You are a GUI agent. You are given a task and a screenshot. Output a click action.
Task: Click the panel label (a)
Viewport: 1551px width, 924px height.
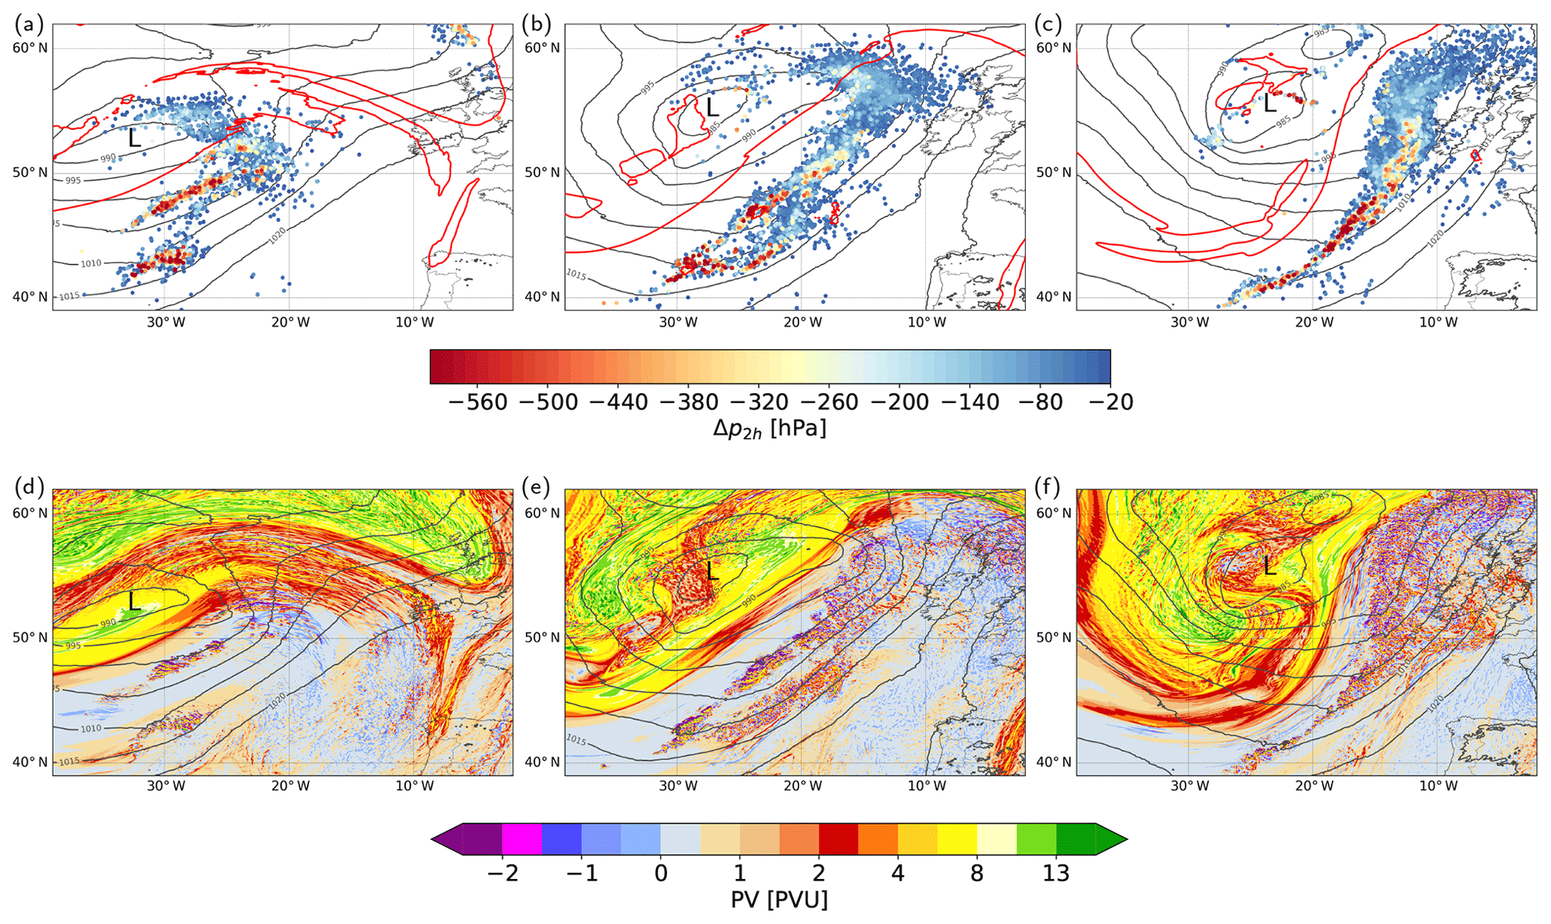coord(29,25)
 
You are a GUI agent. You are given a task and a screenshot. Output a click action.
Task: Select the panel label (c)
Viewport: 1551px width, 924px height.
coord(1048,25)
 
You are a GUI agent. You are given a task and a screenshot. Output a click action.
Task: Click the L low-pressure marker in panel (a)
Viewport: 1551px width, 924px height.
coord(134,138)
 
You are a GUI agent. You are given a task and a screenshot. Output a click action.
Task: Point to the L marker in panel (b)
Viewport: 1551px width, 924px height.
coord(712,108)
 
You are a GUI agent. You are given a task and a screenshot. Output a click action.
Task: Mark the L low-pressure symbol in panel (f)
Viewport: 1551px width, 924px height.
coord(1269,565)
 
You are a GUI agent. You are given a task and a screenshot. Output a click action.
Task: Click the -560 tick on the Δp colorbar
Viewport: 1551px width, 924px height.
coord(478,402)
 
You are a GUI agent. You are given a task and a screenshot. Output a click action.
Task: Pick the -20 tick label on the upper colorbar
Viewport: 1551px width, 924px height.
coord(1111,402)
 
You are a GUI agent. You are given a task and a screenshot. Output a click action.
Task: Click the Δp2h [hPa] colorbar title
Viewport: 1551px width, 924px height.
coord(769,429)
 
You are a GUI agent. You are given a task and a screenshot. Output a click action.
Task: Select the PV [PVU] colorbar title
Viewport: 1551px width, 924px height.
coord(779,899)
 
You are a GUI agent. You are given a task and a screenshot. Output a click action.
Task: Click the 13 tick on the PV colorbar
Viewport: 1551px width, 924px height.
coord(1056,874)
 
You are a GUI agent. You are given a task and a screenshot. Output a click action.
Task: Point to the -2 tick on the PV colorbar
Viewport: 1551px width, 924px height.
coord(502,874)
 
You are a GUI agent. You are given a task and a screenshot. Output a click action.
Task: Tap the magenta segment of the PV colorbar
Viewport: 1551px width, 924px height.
coord(522,839)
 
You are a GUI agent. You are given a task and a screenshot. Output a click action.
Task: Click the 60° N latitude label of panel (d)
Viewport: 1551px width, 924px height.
coord(30,513)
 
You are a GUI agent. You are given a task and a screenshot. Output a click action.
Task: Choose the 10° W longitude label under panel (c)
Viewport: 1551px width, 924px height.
coord(1438,323)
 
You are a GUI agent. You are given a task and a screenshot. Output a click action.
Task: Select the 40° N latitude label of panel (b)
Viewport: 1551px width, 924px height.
coord(542,297)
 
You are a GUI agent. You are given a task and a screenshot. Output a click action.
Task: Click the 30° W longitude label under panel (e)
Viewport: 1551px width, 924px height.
coord(678,787)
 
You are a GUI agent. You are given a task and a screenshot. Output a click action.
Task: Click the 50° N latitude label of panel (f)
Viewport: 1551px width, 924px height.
coord(1054,638)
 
